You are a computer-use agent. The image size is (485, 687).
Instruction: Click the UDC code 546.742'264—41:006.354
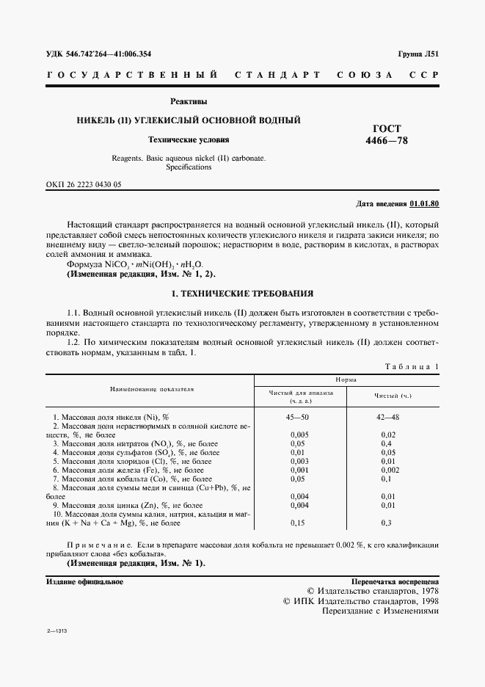point(109,54)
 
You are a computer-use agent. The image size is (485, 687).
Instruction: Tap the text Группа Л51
point(418,54)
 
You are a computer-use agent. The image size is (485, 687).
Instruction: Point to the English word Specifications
point(189,167)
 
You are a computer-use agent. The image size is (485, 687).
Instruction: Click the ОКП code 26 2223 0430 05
point(84,184)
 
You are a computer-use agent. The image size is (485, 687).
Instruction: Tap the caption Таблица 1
point(412,366)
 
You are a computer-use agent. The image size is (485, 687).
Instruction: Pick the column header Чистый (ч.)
point(393,396)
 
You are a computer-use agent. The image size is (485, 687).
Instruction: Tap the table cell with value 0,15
point(298,523)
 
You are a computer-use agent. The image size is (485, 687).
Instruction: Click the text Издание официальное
point(84,581)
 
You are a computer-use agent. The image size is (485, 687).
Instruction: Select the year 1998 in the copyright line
point(425,600)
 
